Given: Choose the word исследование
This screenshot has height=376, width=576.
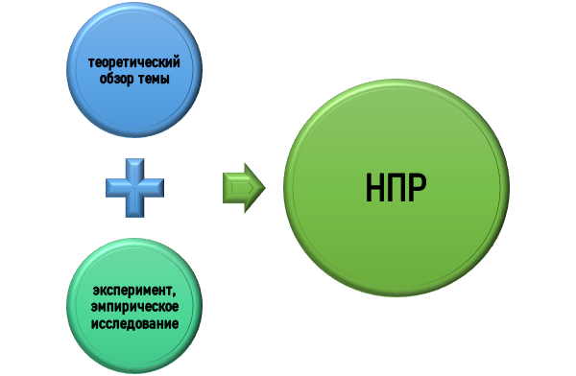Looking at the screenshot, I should pyautogui.click(x=136, y=323).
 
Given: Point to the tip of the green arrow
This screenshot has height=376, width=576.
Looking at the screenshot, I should pyautogui.click(x=262, y=187).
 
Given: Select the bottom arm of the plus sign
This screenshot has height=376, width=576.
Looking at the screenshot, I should pyautogui.click(x=135, y=211).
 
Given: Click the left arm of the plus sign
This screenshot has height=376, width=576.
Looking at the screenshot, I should pyautogui.click(x=114, y=188).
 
